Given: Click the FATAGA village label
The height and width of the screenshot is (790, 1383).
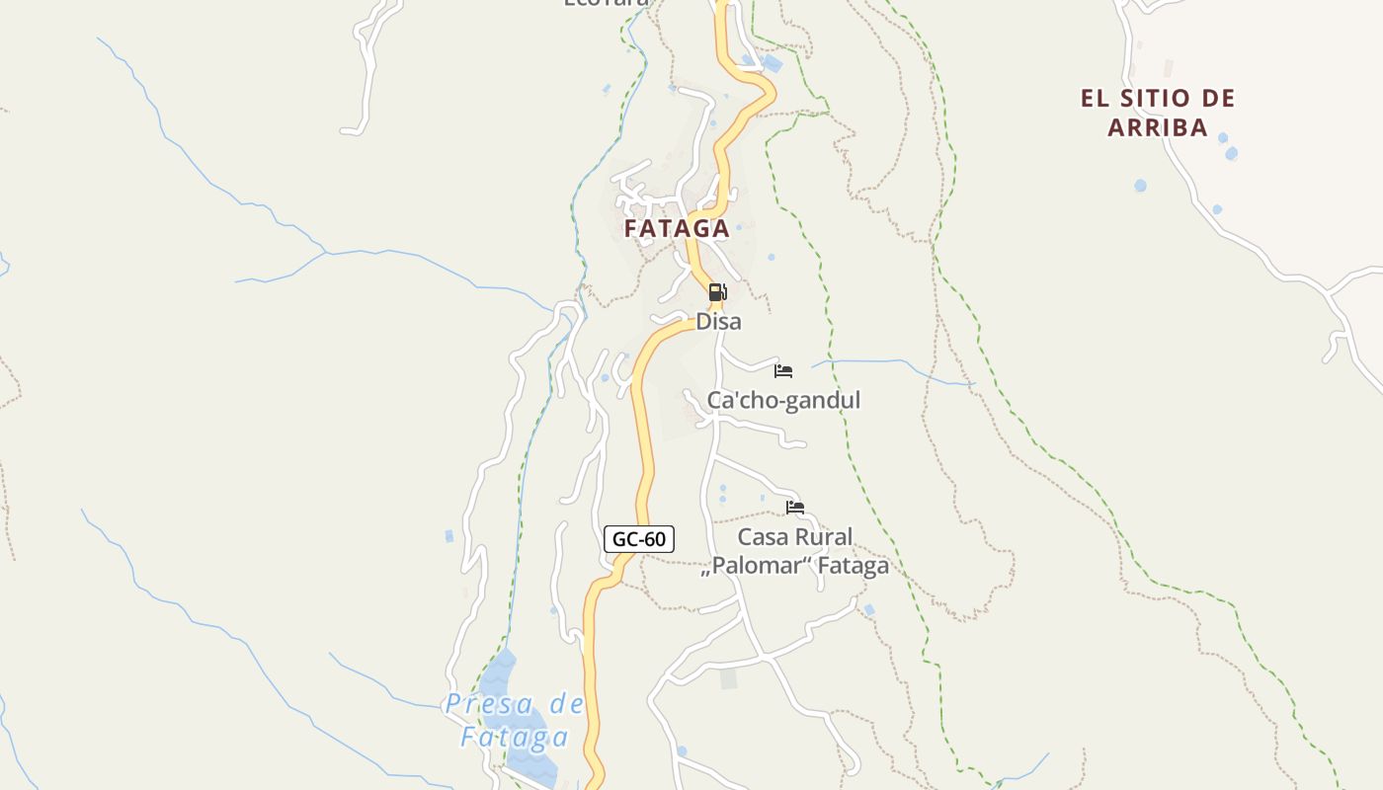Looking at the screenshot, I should pyautogui.click(x=677, y=228).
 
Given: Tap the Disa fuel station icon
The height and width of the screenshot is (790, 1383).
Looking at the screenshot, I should pyautogui.click(x=717, y=292).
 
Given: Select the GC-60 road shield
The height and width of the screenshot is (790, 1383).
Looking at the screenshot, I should pyautogui.click(x=639, y=539).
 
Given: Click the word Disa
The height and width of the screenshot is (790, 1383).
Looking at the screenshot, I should pyautogui.click(x=718, y=322).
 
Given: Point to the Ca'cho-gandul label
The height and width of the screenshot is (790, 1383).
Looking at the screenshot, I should pyautogui.click(x=783, y=400).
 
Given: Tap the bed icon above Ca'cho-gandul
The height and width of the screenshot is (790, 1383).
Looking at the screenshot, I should pyautogui.click(x=783, y=371).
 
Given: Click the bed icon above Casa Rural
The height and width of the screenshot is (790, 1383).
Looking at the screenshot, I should pyautogui.click(x=795, y=508).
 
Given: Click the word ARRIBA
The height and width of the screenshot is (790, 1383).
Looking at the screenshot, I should pyautogui.click(x=1158, y=127).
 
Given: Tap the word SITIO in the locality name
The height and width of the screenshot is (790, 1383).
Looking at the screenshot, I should pyautogui.click(x=1147, y=98).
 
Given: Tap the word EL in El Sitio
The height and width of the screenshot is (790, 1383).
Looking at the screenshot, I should pyautogui.click(x=1094, y=98).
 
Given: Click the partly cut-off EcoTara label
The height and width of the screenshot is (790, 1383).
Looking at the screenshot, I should pyautogui.click(x=607, y=3).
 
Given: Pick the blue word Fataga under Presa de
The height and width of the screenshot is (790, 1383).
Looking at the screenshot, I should pyautogui.click(x=515, y=737).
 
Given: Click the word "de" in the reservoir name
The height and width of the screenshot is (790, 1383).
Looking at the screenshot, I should pyautogui.click(x=567, y=704).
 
